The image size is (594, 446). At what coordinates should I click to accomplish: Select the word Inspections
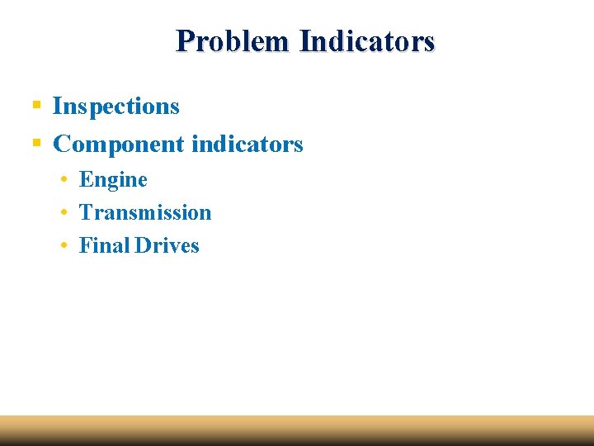(x=116, y=107)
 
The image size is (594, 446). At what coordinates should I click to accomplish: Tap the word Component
(x=119, y=145)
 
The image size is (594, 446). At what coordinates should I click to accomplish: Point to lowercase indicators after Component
(x=247, y=145)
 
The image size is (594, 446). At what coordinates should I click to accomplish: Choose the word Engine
(x=113, y=180)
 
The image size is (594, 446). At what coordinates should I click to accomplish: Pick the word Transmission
(x=145, y=212)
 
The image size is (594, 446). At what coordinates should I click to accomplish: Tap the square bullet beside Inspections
(x=36, y=106)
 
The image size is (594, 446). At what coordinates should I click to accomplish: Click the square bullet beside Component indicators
(x=36, y=144)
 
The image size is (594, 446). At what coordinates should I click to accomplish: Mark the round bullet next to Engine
(x=64, y=179)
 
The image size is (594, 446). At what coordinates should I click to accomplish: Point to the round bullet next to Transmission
(x=64, y=212)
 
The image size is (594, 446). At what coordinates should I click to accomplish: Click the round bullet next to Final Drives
(x=64, y=245)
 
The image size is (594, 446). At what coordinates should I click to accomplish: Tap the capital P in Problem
(x=185, y=40)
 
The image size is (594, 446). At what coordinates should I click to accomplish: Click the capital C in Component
(x=61, y=145)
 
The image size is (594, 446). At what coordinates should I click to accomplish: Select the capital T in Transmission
(x=86, y=212)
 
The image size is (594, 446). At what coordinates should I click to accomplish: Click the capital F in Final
(x=85, y=245)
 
